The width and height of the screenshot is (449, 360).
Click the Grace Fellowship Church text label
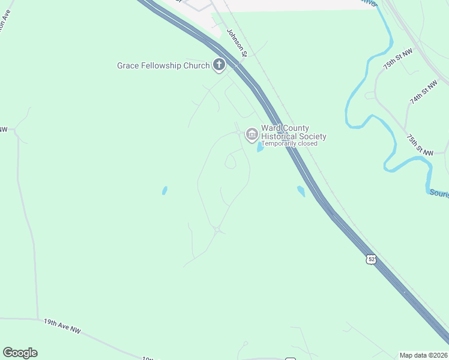point(163,65)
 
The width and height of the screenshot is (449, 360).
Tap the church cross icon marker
point(219,65)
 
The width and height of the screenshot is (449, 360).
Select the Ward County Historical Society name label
point(294,132)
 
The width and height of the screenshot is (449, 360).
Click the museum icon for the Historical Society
point(252,134)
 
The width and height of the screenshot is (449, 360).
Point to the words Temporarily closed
point(289,143)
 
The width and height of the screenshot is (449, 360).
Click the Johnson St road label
point(237,43)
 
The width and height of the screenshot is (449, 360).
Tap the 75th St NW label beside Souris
point(419,145)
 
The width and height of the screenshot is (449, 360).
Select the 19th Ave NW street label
point(62,326)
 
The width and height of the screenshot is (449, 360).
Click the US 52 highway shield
point(372,259)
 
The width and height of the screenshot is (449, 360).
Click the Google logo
point(20,353)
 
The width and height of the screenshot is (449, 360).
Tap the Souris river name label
point(439,193)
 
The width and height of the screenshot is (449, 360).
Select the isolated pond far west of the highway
point(164,191)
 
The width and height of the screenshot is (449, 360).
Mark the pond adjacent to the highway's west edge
point(301,191)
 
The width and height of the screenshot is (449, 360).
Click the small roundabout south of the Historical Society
point(217,229)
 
